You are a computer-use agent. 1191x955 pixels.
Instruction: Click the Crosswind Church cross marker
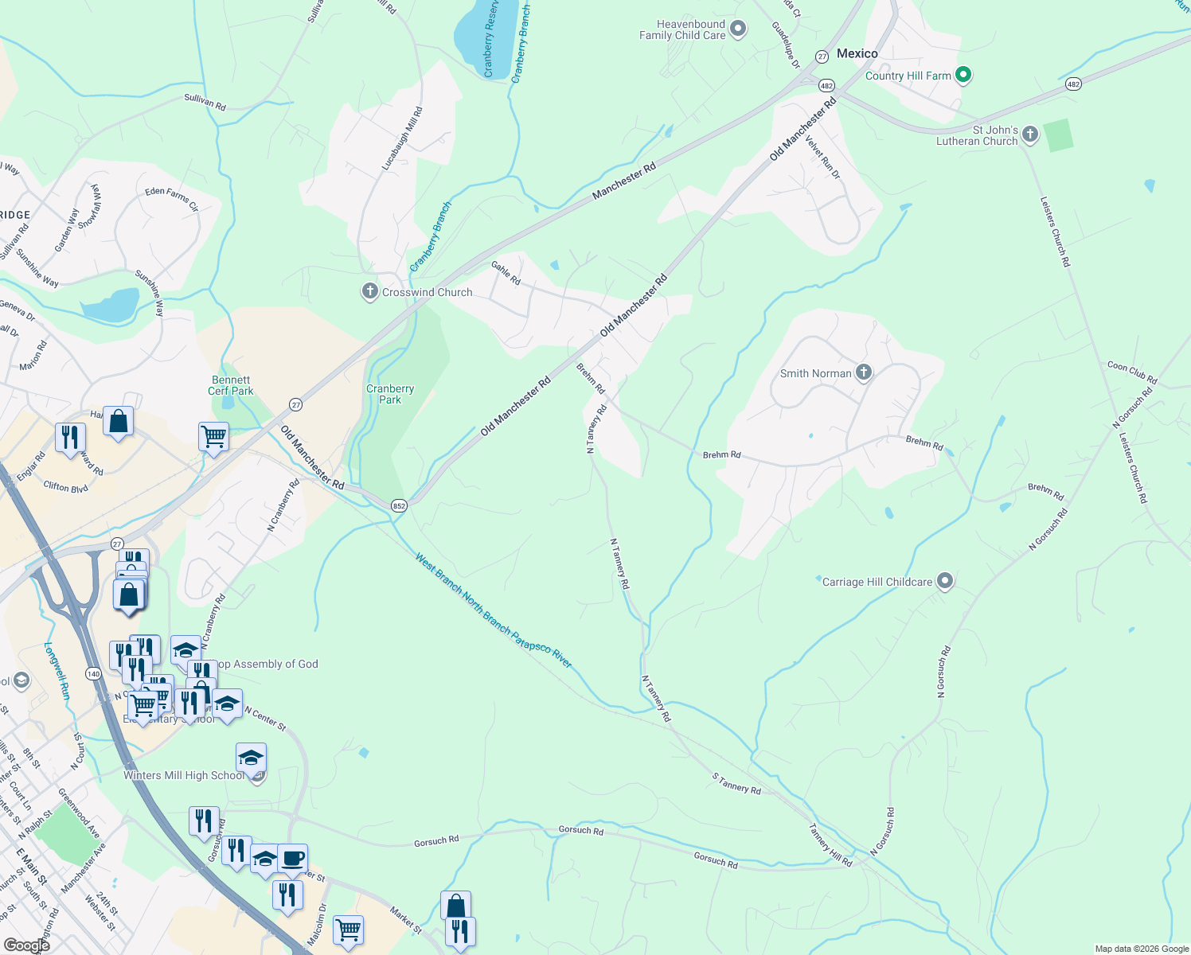[369, 292]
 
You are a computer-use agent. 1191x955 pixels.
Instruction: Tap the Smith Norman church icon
[864, 372]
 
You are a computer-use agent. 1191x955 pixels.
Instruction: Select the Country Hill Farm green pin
[963, 76]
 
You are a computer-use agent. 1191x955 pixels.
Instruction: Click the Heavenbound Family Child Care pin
[738, 30]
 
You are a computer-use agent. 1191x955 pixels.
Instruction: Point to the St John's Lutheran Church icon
[1030, 134]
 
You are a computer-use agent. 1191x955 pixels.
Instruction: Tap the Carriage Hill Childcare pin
[945, 582]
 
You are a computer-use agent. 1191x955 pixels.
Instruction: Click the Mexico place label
[857, 53]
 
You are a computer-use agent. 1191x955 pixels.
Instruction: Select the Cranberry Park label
[390, 394]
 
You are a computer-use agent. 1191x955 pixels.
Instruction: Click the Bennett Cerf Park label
[231, 385]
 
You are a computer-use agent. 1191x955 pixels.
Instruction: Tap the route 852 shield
[399, 505]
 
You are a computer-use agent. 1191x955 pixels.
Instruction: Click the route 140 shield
[94, 673]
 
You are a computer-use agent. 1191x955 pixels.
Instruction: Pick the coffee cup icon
[292, 859]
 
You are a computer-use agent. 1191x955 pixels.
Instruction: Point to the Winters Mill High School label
[184, 775]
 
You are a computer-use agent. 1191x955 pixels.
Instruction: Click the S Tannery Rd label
[736, 784]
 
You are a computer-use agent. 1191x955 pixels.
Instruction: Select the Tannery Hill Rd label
[830, 845]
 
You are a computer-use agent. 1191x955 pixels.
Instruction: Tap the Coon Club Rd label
[1131, 372]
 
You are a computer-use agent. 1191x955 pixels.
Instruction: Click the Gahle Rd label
[506, 273]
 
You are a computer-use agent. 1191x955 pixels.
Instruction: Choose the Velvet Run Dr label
[822, 157]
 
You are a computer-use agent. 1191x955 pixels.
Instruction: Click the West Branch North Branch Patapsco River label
[493, 610]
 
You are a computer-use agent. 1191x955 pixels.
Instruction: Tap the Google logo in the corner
[26, 945]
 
